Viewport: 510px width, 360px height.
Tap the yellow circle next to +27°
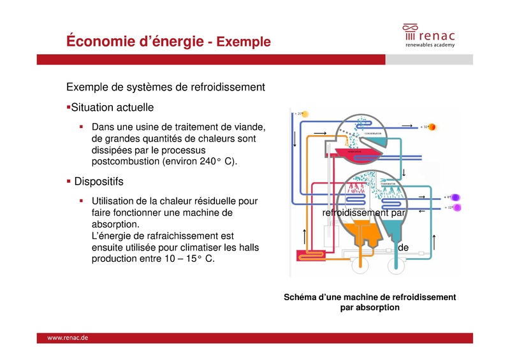pos(305,114)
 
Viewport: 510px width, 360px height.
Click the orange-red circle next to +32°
pos(432,127)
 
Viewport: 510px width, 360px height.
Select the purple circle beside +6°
pos(456,198)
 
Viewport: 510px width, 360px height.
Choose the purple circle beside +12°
pos(457,208)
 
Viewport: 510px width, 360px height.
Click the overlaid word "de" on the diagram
pos(403,246)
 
